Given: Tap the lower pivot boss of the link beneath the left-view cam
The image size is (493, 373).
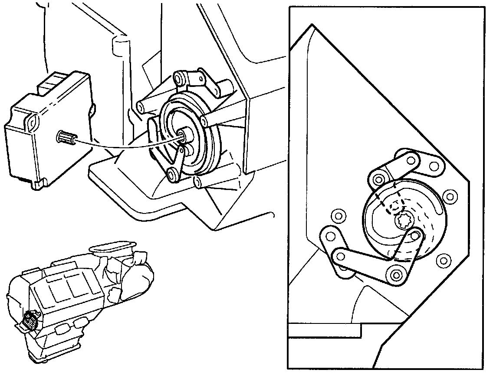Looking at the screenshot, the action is pyautogui.click(x=174, y=174).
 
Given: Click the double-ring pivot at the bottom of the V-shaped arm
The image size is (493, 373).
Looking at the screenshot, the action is pyautogui.click(x=396, y=275).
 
